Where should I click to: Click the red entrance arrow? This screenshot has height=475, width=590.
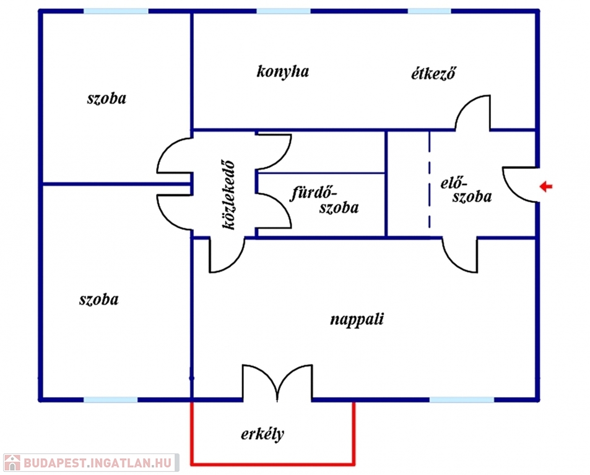pyautogui.click(x=545, y=186)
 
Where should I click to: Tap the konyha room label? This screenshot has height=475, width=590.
pyautogui.click(x=283, y=72)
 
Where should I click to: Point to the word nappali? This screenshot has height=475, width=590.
pyautogui.click(x=357, y=320)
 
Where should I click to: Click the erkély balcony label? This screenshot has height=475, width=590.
pyautogui.click(x=262, y=434)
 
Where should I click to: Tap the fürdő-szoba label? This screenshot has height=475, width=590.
pyautogui.click(x=325, y=200)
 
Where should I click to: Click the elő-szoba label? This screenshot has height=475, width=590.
pyautogui.click(x=466, y=190)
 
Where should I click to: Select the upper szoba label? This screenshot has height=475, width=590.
pyautogui.click(x=106, y=98)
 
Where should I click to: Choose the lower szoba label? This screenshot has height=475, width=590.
pyautogui.click(x=99, y=300)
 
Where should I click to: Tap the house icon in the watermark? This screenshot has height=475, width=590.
pyautogui.click(x=12, y=463)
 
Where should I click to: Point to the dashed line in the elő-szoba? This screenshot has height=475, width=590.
pyautogui.click(x=429, y=183)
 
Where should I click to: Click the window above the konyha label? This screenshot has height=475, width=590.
pyautogui.click(x=283, y=11)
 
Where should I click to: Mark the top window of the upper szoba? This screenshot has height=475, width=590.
pyautogui.click(x=116, y=11)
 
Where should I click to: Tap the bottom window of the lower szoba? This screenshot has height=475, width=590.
pyautogui.click(x=110, y=400)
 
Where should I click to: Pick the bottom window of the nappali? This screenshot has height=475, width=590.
pyautogui.click(x=462, y=400)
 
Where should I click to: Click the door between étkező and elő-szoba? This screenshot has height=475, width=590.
pyautogui.click(x=474, y=113)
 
